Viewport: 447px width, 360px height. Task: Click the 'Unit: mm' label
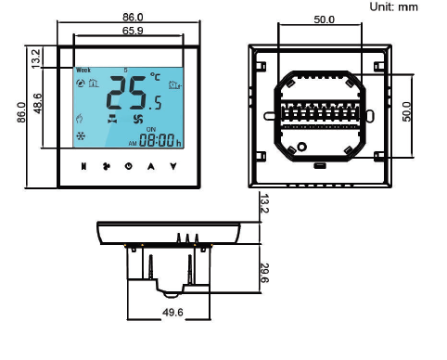pyautogui.click(x=393, y=6)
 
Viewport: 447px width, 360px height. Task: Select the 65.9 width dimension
pyautogui.click(x=133, y=31)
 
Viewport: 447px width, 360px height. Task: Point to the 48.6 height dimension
pyautogui.click(x=38, y=103)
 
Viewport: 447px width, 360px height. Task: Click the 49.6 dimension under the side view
pyautogui.click(x=172, y=313)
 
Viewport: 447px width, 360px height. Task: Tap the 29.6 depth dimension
pyautogui.click(x=264, y=273)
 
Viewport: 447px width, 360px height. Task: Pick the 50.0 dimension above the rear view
pyautogui.click(x=324, y=19)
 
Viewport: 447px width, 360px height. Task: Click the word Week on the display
pyautogui.click(x=83, y=71)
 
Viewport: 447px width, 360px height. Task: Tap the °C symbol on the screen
pyautogui.click(x=155, y=76)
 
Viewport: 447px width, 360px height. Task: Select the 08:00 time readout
pyautogui.click(x=157, y=140)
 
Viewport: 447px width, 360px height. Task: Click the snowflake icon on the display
pyautogui.click(x=81, y=135)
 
